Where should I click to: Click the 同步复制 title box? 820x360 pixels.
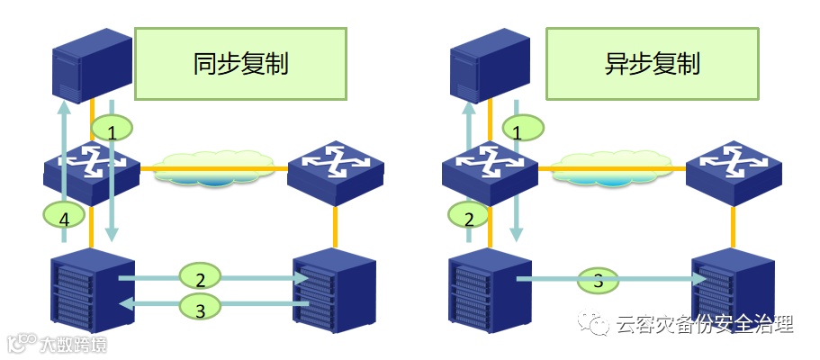[x=240, y=63]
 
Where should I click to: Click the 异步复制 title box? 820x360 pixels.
[x=652, y=63]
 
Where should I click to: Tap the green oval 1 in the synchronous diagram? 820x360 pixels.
[x=112, y=132]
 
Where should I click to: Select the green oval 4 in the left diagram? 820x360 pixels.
[x=63, y=216]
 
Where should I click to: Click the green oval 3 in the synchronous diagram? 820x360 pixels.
[x=201, y=309]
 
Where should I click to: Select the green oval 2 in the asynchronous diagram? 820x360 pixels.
[x=468, y=216]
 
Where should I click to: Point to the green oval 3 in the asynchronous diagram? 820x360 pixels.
[x=599, y=281]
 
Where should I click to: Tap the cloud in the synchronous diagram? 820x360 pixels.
[x=213, y=168]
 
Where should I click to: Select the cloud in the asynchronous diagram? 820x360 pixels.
[x=612, y=168]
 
